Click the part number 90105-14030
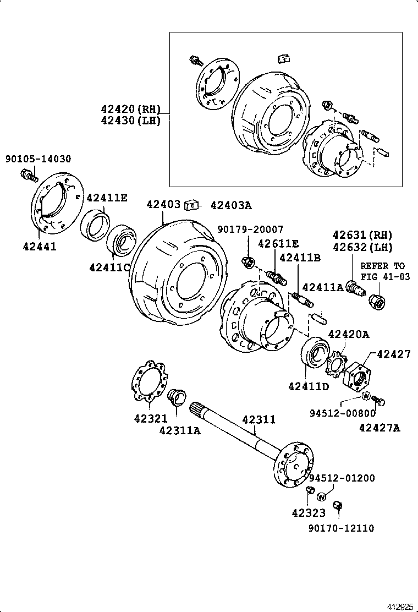(38, 159)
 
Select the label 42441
(39, 247)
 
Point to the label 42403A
(230, 205)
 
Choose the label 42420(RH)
(130, 109)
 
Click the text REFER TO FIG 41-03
(385, 271)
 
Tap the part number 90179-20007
(250, 229)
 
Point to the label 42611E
(278, 243)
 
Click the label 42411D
(308, 386)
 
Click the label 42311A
(180, 430)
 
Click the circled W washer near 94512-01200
(322, 497)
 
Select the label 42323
(309, 513)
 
